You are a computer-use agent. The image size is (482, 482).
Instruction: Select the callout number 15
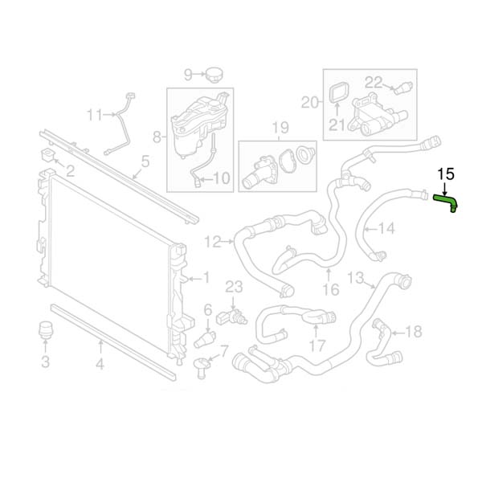pyautogui.click(x=446, y=174)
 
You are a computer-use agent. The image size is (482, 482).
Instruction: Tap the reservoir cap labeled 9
pyautogui.click(x=214, y=75)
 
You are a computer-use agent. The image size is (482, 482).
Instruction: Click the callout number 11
pyautogui.click(x=94, y=115)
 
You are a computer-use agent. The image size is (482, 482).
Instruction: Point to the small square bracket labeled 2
pyautogui.click(x=47, y=154)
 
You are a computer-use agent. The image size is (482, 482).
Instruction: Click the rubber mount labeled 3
pyautogui.click(x=45, y=330)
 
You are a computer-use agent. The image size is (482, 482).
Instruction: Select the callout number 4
pyautogui.click(x=100, y=365)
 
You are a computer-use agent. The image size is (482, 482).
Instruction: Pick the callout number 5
pyautogui.click(x=145, y=161)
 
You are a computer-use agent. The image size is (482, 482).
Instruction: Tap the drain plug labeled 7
pyautogui.click(x=202, y=367)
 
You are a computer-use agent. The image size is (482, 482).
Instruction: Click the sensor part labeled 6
pyautogui.click(x=204, y=339)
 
